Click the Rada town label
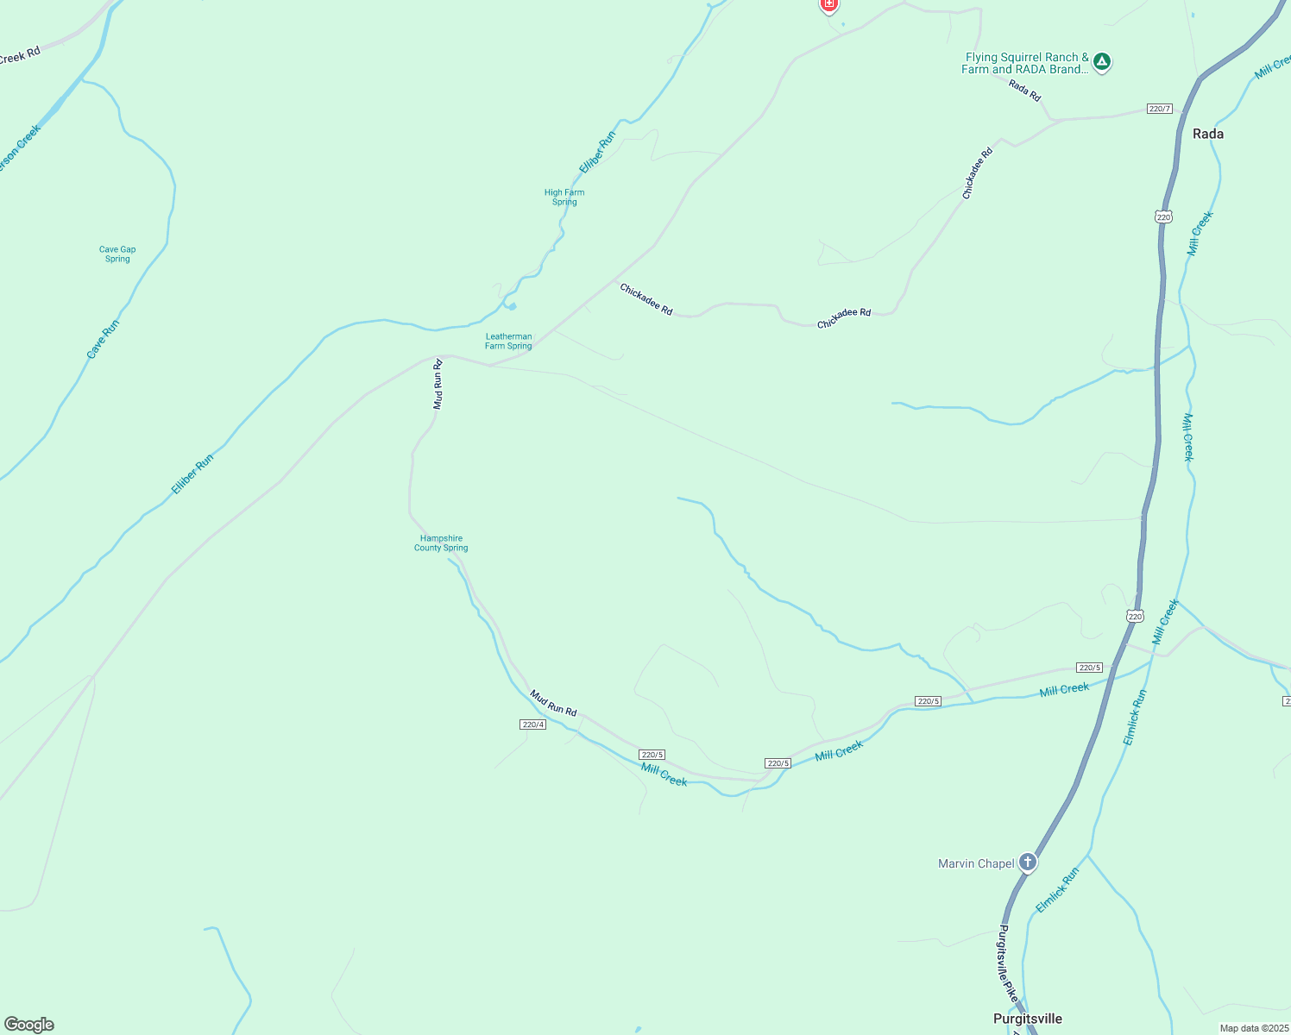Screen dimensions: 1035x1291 point(1207,134)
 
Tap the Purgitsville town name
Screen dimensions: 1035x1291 point(1027,1019)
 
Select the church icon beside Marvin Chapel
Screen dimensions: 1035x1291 point(1027,862)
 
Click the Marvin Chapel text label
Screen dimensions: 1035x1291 point(976,863)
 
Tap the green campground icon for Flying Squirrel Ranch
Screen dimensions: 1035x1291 point(1101,61)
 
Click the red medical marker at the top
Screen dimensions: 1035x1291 point(828,5)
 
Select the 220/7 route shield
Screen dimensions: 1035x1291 point(1160,109)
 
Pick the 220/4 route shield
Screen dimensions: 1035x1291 point(533,724)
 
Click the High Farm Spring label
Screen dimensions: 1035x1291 point(564,198)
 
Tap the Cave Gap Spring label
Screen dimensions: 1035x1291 point(117,254)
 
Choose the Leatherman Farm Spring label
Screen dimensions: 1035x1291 point(508,342)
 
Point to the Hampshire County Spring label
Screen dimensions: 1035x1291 point(441,543)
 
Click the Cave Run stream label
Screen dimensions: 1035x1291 point(103,339)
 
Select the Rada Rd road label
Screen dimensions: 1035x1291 point(1024,90)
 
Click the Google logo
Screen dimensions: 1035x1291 point(29,1025)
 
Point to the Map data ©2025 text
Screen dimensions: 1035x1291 point(1254,1028)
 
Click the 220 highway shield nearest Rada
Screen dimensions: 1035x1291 point(1163,216)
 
